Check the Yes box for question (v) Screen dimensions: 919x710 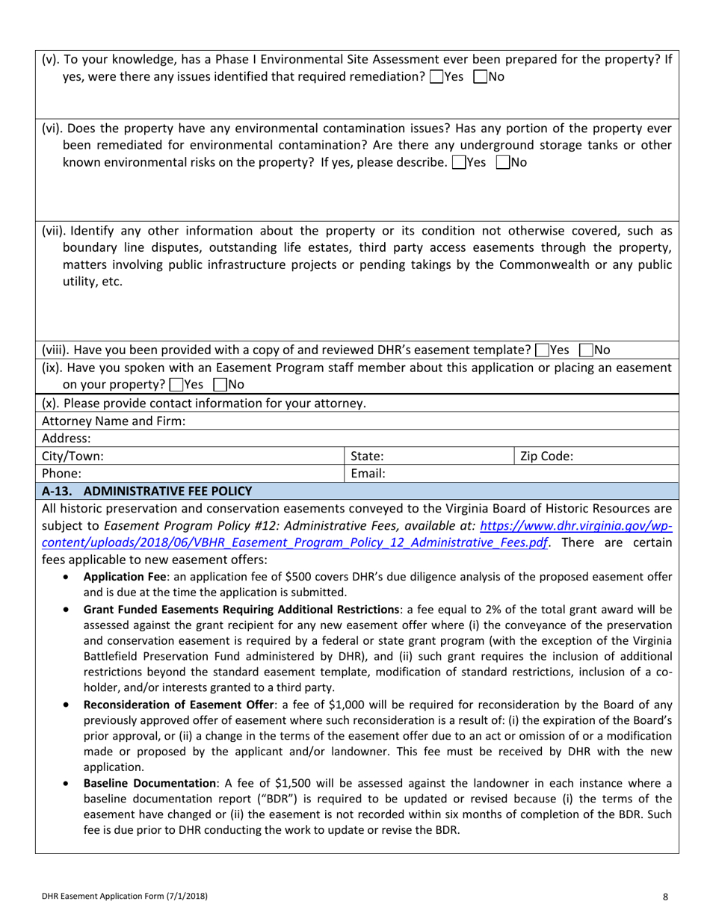436,76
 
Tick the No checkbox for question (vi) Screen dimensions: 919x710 501,162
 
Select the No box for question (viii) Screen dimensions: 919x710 586,350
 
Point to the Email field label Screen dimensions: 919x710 367,473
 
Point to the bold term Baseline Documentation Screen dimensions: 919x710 152,783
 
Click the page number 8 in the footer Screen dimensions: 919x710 665,896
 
